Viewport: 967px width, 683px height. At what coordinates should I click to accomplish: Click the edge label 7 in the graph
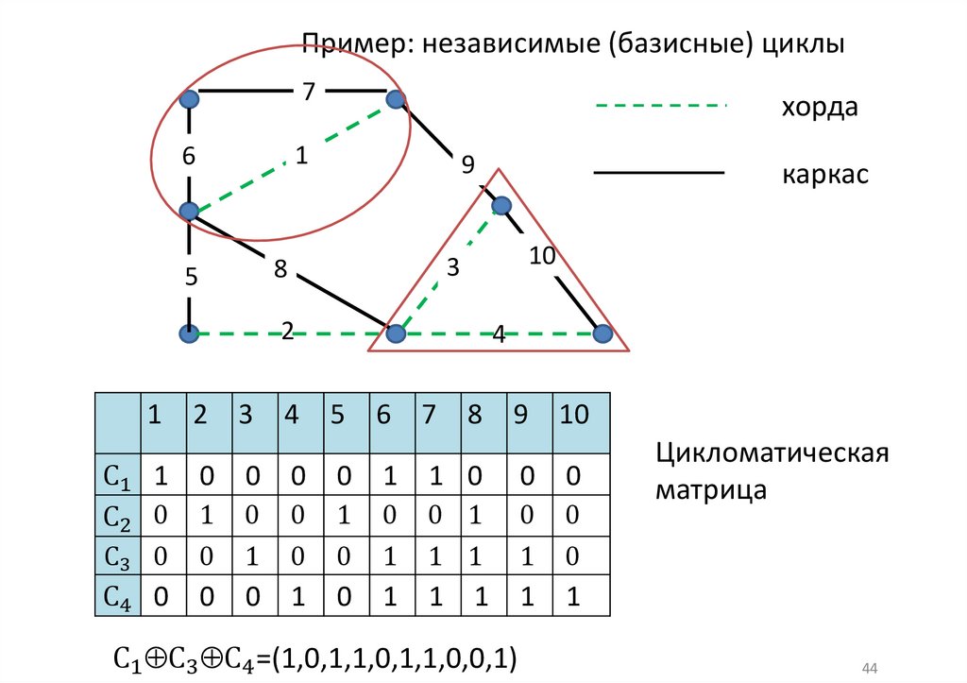click(x=308, y=92)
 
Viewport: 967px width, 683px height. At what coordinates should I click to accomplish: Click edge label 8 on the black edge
click(x=280, y=269)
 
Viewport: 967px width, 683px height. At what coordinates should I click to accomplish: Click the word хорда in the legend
click(x=819, y=107)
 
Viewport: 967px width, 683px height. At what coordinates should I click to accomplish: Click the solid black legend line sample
click(x=658, y=174)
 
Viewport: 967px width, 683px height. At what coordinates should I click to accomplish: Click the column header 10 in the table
click(x=574, y=414)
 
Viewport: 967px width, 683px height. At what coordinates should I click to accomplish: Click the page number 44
click(x=870, y=668)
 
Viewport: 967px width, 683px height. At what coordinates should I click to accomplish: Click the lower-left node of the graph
click(x=190, y=333)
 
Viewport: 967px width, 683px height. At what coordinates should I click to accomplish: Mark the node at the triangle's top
click(x=500, y=205)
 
